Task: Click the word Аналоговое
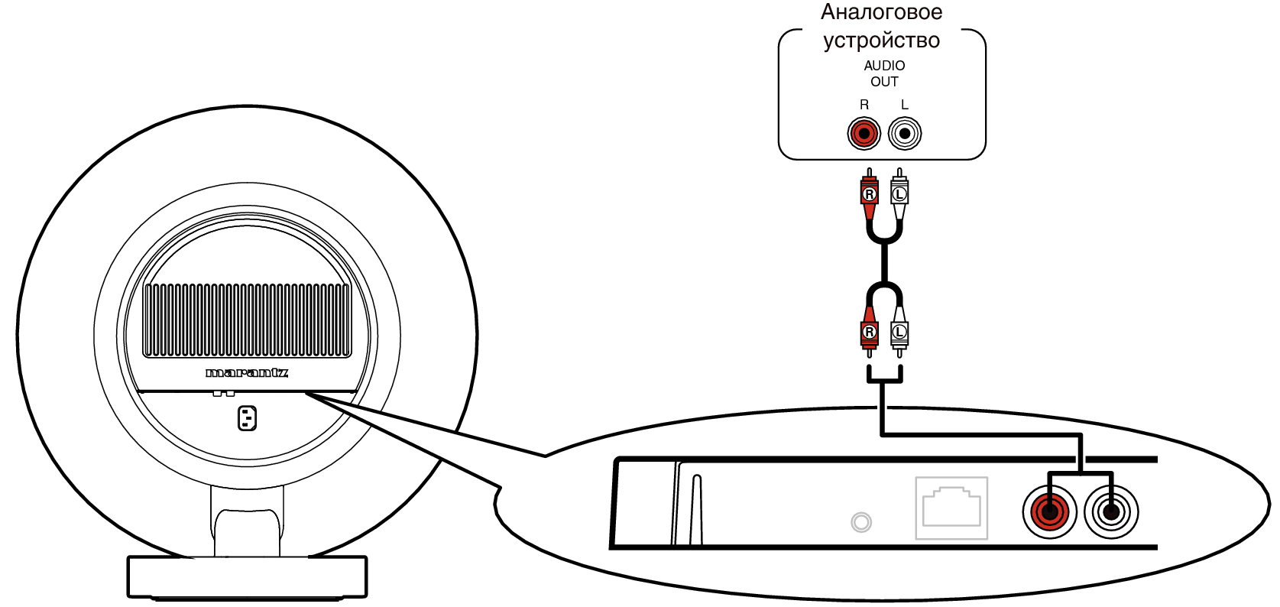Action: [x=882, y=12]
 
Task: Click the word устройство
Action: [x=882, y=40]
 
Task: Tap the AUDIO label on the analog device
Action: [x=884, y=66]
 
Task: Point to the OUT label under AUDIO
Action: [x=884, y=82]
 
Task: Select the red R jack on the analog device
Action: [x=864, y=134]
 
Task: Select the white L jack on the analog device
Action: [x=905, y=134]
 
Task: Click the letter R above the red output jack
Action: [x=864, y=105]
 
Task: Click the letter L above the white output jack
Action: [x=904, y=105]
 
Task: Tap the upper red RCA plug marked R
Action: [x=869, y=194]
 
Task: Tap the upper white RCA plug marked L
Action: [x=899, y=194]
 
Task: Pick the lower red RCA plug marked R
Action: [x=869, y=332]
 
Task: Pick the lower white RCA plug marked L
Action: [x=899, y=332]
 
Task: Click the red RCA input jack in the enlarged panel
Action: [x=1050, y=512]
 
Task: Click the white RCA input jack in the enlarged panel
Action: [x=1111, y=512]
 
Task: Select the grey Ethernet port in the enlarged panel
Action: [x=951, y=508]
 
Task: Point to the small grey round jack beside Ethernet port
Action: [x=861, y=522]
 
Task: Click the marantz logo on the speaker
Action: [x=247, y=373]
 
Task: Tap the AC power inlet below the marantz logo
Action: [x=247, y=418]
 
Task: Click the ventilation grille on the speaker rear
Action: [x=247, y=320]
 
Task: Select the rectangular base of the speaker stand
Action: [x=247, y=577]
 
